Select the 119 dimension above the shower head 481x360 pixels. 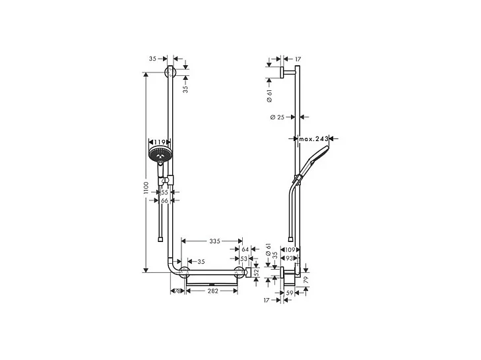pos(158,142)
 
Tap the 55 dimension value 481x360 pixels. pos(164,192)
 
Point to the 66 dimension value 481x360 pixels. pos(164,200)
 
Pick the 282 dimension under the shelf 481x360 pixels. pos(211,290)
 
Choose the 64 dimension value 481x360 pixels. pos(245,250)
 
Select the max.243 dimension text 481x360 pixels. pos(313,139)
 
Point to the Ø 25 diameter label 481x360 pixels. pos(277,117)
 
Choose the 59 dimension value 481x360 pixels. pos(290,293)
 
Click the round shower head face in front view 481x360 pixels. pos(158,156)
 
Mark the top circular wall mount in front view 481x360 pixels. pos(171,73)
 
